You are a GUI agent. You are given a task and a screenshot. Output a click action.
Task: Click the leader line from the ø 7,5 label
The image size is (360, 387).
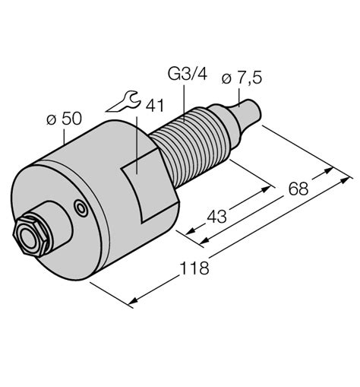pos(240,92)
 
